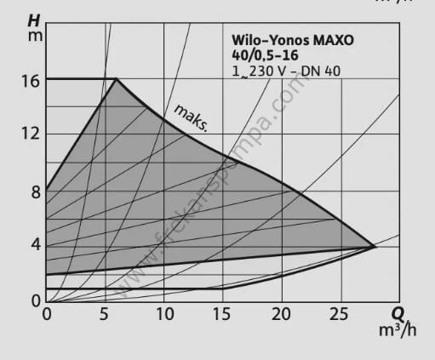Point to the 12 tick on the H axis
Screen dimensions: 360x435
[31, 134]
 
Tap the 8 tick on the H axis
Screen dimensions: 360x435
[35, 191]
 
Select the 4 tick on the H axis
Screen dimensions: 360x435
[35, 245]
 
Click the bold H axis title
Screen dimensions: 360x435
[34, 19]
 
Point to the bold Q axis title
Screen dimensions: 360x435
[397, 313]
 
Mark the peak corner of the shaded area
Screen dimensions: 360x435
[116, 79]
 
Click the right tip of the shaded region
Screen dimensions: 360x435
[374, 247]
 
